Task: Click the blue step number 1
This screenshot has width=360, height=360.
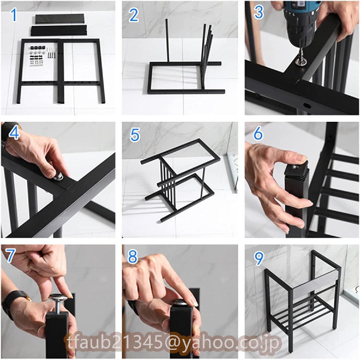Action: click(14, 15)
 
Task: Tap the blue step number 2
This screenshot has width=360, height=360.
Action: click(134, 15)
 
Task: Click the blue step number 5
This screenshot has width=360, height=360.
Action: click(135, 135)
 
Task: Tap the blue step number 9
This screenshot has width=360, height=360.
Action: click(259, 258)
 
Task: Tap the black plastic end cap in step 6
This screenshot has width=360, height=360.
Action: click(296, 169)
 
